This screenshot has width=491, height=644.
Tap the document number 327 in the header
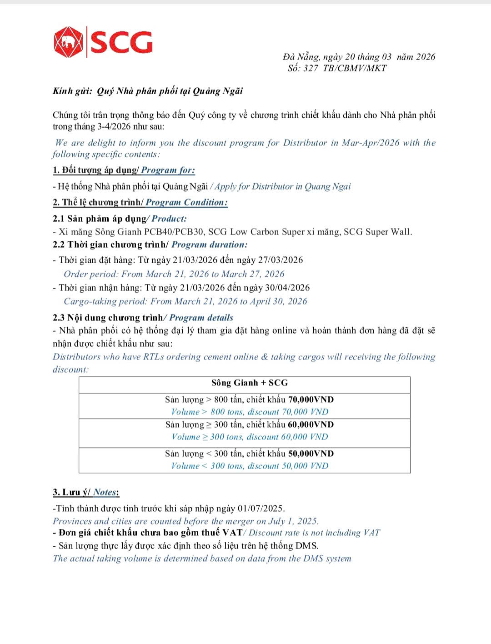click(x=311, y=68)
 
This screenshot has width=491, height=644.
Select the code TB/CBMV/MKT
click(x=355, y=68)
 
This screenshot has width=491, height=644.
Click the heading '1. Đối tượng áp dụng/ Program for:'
click(x=124, y=170)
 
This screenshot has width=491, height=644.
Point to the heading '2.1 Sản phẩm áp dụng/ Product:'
click(x=120, y=219)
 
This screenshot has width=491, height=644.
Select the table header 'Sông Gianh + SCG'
click(x=250, y=383)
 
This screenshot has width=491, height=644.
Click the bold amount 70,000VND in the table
click(x=311, y=400)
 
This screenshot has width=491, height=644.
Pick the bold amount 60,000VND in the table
click(x=311, y=425)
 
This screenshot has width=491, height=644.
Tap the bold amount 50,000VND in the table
click(x=311, y=454)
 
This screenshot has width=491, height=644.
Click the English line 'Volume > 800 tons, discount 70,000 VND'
click(x=250, y=412)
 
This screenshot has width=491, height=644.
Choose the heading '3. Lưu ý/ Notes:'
click(x=86, y=492)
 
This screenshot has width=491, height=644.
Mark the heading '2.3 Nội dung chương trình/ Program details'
click(x=143, y=318)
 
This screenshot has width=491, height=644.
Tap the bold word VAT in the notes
click(x=232, y=533)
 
